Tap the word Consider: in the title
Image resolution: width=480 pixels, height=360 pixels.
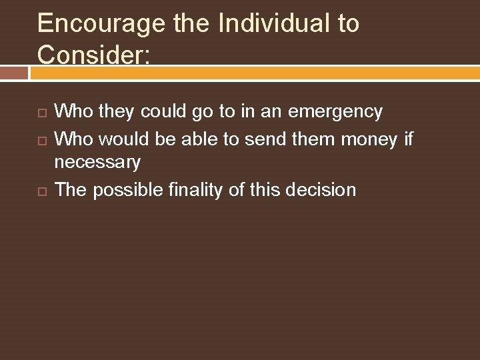[x=94, y=54]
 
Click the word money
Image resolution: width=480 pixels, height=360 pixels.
[x=370, y=139]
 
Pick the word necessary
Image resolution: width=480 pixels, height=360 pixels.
[x=97, y=162]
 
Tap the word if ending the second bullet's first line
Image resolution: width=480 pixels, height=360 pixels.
[x=408, y=139]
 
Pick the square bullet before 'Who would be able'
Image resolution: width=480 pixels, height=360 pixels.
[x=41, y=140]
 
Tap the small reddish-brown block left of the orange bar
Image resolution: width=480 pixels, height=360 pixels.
[x=13, y=73]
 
